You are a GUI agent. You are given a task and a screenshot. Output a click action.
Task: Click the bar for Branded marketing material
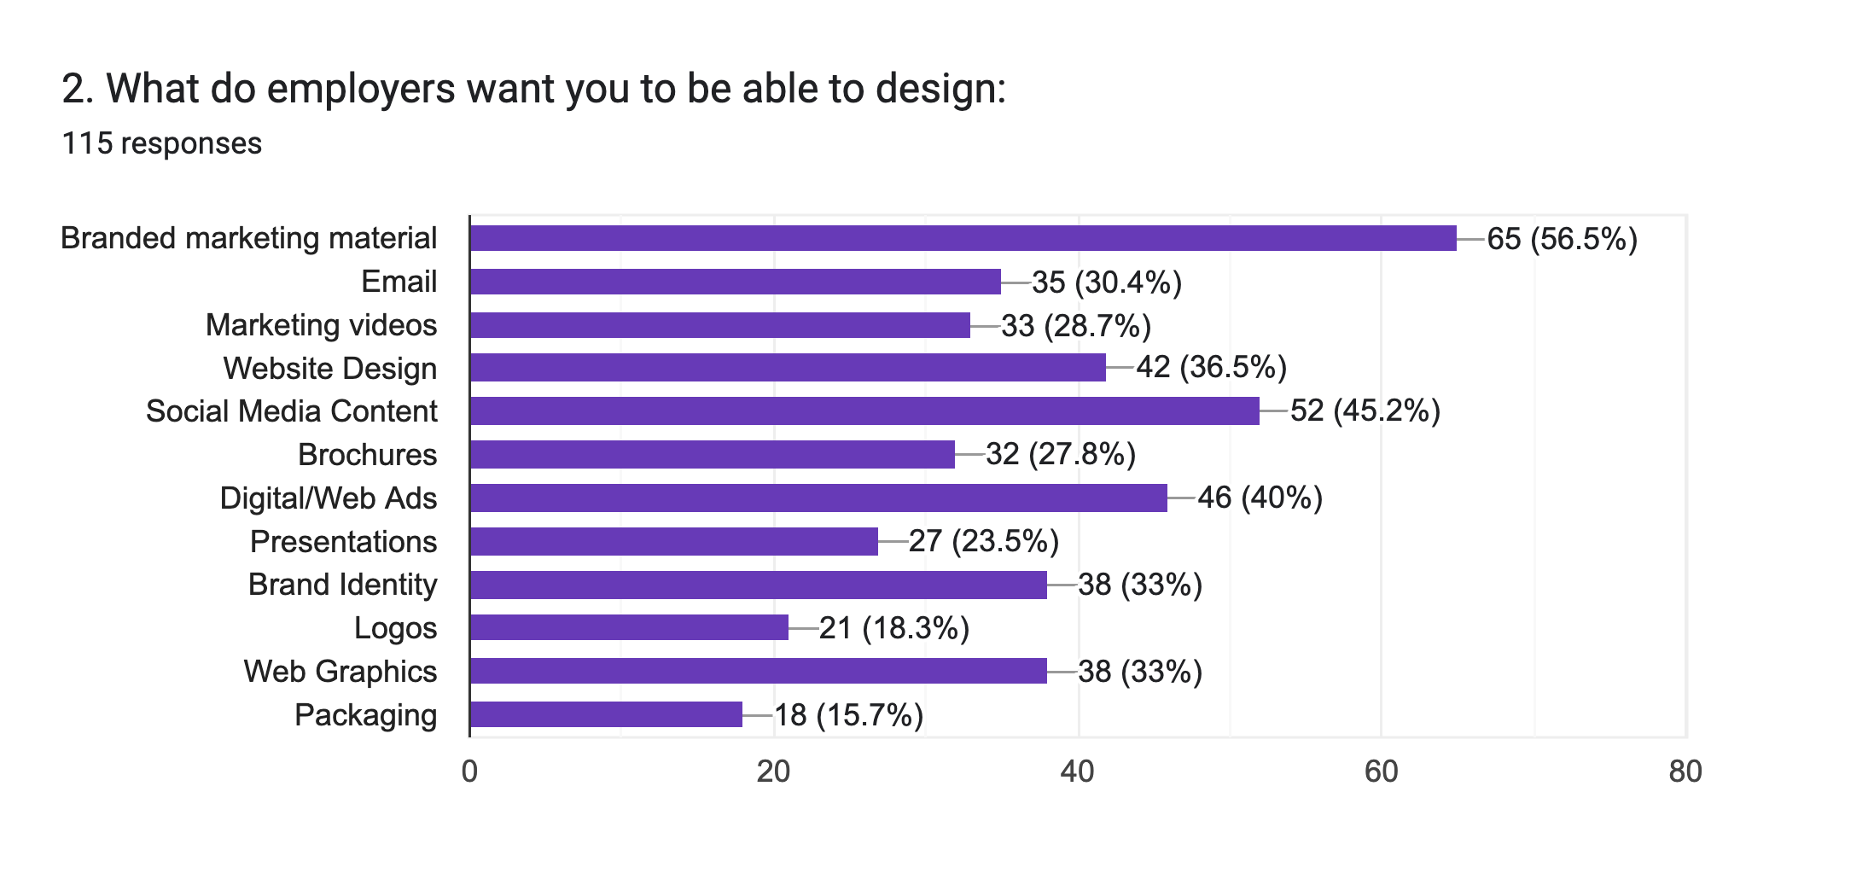(x=963, y=238)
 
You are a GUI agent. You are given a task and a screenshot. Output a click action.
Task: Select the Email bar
(x=735, y=282)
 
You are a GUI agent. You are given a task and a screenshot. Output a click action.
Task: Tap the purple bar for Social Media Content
(x=864, y=411)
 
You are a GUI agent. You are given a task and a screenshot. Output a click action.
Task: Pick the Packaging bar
(x=606, y=714)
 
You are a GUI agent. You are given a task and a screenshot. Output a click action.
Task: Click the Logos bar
(x=629, y=627)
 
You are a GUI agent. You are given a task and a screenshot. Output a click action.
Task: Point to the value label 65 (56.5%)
(x=1562, y=239)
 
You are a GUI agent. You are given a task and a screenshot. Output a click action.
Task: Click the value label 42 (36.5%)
(x=1211, y=367)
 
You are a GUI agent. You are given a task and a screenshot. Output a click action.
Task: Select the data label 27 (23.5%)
(x=983, y=541)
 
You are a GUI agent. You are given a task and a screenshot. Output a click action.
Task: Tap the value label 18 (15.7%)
(x=848, y=715)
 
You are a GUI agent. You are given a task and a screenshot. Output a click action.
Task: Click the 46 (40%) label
(x=1260, y=498)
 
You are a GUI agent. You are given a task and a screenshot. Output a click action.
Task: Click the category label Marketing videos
(x=321, y=325)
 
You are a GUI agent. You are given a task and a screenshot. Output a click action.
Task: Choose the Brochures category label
(x=367, y=455)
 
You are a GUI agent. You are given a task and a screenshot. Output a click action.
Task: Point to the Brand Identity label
(x=342, y=585)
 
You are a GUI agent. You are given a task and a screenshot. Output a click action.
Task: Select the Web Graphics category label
(x=340, y=672)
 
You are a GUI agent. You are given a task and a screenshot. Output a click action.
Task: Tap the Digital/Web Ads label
(x=328, y=498)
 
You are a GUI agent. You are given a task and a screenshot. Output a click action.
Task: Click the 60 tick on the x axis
(x=1381, y=772)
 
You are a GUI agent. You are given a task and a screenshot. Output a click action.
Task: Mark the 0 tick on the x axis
(x=469, y=772)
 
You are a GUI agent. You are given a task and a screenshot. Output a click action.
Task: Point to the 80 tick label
(x=1685, y=772)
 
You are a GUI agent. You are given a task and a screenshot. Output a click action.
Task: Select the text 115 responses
(x=161, y=143)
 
